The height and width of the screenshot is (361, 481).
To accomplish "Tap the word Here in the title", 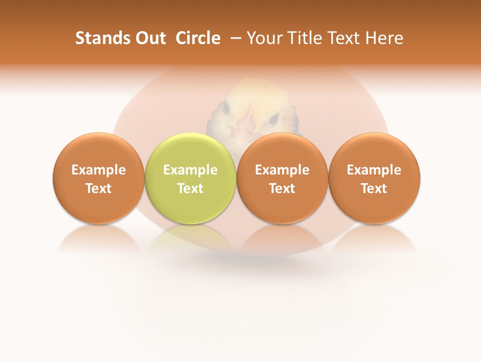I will tap(384, 38).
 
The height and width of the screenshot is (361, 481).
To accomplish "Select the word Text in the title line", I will tap(342, 38).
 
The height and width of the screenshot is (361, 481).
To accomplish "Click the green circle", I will tap(190, 178).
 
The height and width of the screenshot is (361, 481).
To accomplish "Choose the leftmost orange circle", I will tap(98, 178).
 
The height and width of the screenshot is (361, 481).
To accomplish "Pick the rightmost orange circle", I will tap(374, 178).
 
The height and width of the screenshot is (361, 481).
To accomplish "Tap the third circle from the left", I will tap(282, 178).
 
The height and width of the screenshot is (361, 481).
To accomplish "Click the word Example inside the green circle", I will tap(190, 170).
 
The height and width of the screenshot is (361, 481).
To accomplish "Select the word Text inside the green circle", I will tap(190, 189).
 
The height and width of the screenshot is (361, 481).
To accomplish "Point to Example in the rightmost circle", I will tap(374, 170).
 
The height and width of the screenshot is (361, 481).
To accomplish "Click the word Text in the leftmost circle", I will tap(98, 189).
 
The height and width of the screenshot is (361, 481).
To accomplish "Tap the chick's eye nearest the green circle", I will tap(225, 108).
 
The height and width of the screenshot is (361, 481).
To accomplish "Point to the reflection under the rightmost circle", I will tap(374, 239).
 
